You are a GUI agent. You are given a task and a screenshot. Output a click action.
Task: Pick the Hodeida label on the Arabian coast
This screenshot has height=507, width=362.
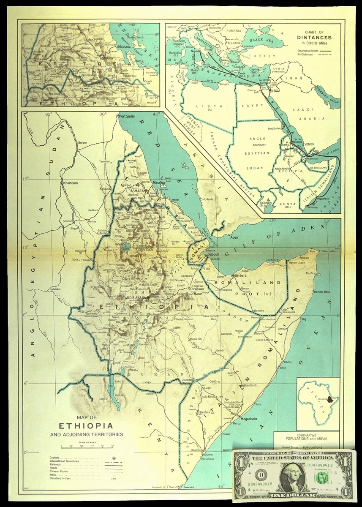coord(210,199)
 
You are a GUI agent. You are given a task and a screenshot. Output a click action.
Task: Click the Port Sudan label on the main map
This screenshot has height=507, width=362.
coord(130,116)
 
